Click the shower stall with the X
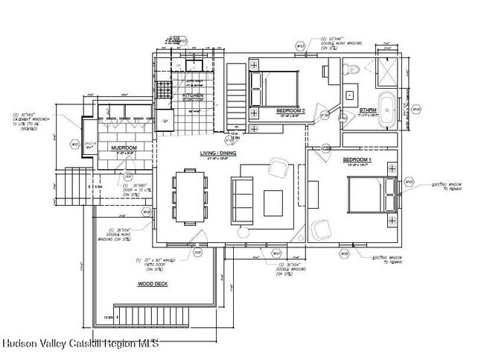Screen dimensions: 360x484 pyautogui.click(x=390, y=72)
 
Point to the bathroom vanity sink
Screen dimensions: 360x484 pyautogui.click(x=349, y=93)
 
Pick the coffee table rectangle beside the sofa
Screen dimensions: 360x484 pyautogui.click(x=273, y=201)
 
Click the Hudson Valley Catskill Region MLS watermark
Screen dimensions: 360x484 pyautogui.click(x=80, y=344)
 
